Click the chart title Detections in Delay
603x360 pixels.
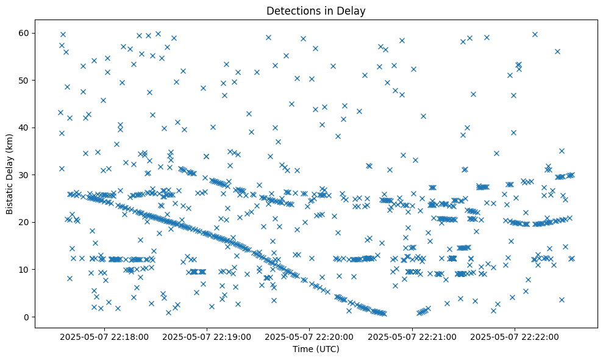pyautogui.click(x=316, y=10)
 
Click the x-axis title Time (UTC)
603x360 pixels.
pyautogui.click(x=316, y=350)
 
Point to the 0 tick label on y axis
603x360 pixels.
pyautogui.click(x=26, y=317)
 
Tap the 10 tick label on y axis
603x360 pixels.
pyautogui.click(x=24, y=269)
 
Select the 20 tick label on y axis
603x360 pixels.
pyautogui.click(x=24, y=222)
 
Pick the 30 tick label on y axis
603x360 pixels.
pyautogui.click(x=24, y=175)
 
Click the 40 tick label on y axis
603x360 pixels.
pyautogui.click(x=24, y=128)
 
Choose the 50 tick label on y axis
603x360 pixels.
pyautogui.click(x=24, y=80)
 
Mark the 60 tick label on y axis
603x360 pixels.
pyautogui.click(x=24, y=33)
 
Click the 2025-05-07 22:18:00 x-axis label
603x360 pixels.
pyautogui.click(x=104, y=336)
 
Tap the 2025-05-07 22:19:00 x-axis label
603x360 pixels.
pyautogui.click(x=207, y=336)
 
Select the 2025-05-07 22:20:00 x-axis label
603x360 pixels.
pyautogui.click(x=310, y=336)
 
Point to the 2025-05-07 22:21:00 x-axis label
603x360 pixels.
pyautogui.click(x=413, y=336)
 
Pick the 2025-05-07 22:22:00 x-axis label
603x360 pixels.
pyautogui.click(x=515, y=336)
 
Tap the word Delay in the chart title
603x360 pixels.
pyautogui.click(x=353, y=10)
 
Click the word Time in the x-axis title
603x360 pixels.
pyautogui.click(x=302, y=350)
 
